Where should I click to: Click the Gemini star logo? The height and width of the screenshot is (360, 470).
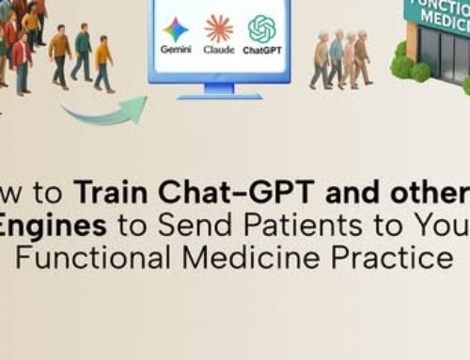coord(175,29)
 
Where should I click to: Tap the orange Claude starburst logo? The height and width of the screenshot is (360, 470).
coord(219,28)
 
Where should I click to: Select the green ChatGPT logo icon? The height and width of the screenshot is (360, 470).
coord(262,28)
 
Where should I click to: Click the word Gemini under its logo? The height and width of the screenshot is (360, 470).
coord(175,49)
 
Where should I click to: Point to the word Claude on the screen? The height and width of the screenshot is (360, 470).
coord(219,49)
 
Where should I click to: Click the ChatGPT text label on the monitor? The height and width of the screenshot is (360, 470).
coord(262,49)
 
